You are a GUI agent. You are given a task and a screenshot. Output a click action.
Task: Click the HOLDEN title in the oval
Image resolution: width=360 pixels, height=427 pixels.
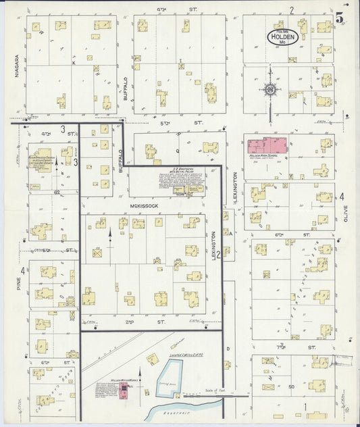click(x=280, y=38)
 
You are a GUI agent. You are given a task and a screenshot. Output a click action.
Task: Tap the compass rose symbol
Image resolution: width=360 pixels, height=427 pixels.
click(x=269, y=89)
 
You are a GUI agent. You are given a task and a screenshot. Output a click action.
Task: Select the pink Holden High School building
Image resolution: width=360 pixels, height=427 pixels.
click(x=267, y=145)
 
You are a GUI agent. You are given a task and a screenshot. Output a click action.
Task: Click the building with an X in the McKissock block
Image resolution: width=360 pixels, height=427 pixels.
click(x=98, y=253)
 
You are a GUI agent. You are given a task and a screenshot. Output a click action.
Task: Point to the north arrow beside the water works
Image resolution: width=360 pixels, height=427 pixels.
click(x=140, y=375)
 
